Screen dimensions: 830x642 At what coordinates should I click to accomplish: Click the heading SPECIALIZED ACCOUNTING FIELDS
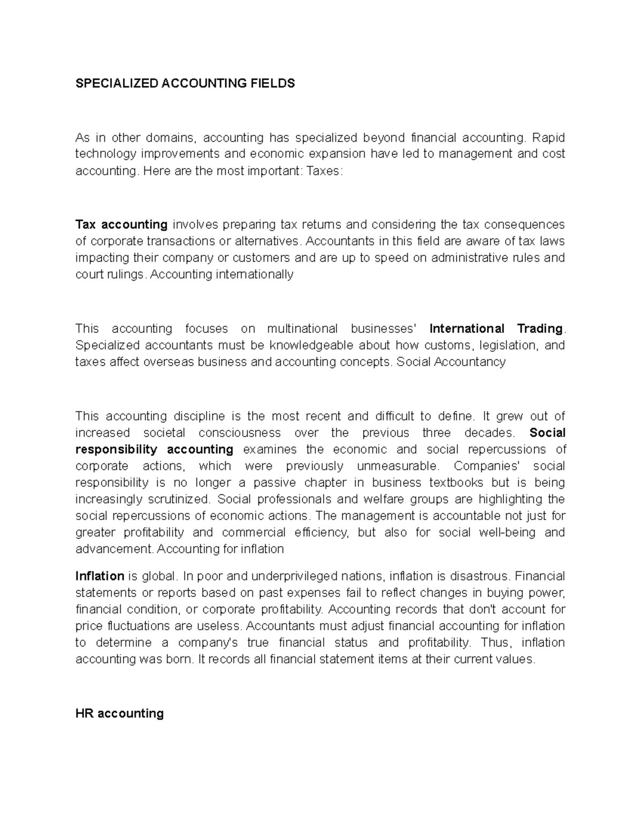click(185, 83)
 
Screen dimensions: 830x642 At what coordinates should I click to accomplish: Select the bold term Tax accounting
click(121, 224)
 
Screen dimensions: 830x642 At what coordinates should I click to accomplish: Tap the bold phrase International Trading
click(496, 328)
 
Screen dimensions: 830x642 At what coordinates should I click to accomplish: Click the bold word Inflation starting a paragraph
click(100, 576)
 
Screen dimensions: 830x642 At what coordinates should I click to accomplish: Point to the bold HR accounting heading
click(119, 713)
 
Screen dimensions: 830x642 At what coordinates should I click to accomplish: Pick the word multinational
click(302, 328)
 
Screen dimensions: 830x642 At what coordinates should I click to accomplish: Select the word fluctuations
click(137, 626)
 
